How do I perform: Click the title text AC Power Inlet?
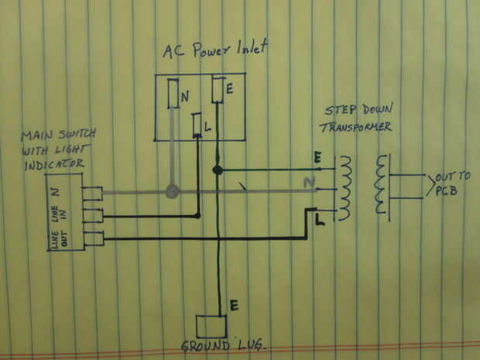coord(214,51)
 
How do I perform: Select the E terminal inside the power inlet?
coord(219,90)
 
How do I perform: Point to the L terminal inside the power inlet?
coord(198,125)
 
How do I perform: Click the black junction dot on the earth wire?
coord(218,170)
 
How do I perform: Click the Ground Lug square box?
coord(209,327)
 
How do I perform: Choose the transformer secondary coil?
coord(380,185)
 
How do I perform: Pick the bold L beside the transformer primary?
coord(320,221)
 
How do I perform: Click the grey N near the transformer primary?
coord(310,183)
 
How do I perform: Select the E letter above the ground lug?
coord(233,305)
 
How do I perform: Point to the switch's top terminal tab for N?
coord(92,193)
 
